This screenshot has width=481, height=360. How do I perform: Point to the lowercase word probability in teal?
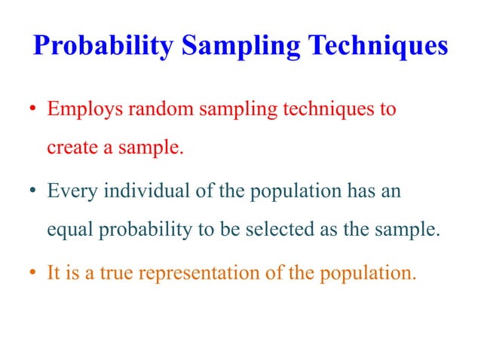click(x=143, y=230)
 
